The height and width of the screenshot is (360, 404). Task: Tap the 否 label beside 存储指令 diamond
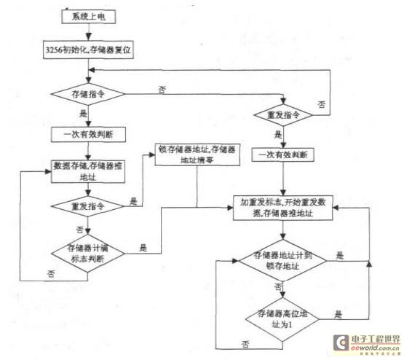pos(160,89)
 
